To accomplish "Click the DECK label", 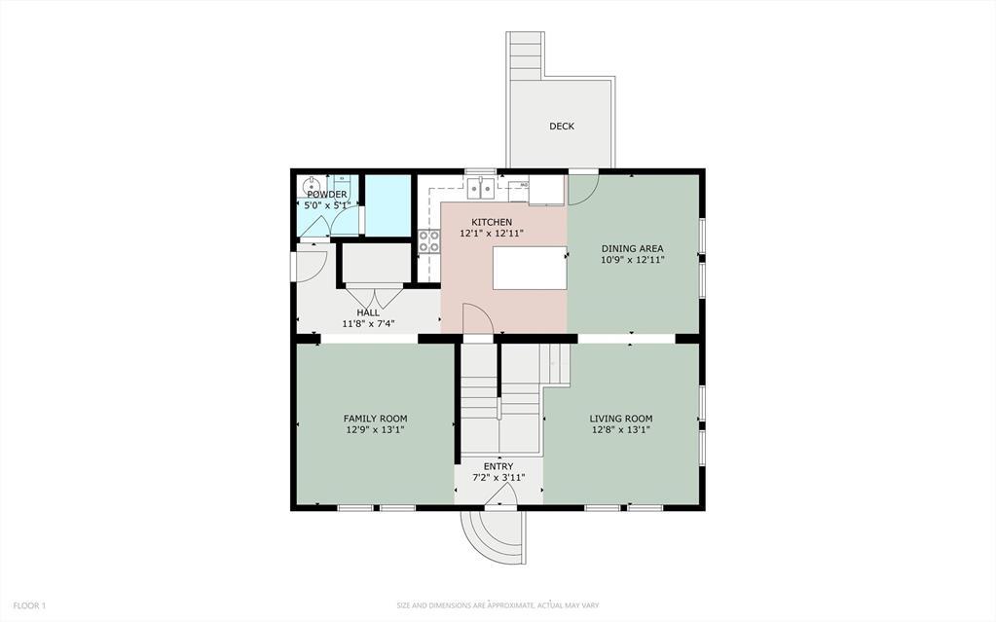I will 561,126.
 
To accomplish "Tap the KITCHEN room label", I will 492,222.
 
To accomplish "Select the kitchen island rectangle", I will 529,268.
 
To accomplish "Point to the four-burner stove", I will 428,241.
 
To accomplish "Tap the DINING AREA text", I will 632,248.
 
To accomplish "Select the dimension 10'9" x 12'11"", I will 632,260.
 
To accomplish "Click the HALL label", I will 367,312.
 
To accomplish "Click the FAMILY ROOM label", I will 375,418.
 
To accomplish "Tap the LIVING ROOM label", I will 620,419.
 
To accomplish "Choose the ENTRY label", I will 498,466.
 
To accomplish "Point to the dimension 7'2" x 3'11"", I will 498,477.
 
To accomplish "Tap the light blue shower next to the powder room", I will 387,205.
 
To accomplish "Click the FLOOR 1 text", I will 29,605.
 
